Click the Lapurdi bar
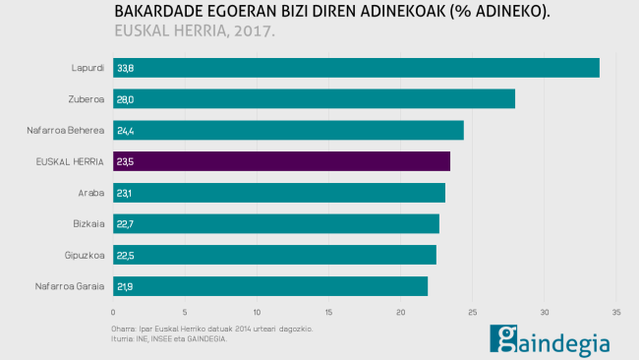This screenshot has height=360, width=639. tap(356, 68)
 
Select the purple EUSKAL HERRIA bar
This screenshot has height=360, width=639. tap(281, 161)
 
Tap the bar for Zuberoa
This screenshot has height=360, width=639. tap(314, 99)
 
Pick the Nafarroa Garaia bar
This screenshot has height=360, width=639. tap(270, 286)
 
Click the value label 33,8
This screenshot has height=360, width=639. tap(125, 69)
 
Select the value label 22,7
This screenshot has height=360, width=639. tap(125, 224)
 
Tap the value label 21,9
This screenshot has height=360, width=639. tap(125, 286)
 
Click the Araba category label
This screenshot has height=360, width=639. tap(90, 193)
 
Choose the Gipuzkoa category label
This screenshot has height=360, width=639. tap(85, 255)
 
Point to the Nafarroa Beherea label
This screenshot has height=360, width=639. tap(66, 130)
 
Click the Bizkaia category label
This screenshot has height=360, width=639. tap(88, 224)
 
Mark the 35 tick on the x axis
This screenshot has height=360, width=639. tap(616, 313)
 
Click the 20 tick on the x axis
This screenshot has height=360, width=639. tap(401, 313)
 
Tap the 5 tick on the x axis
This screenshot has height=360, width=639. tap(185, 313)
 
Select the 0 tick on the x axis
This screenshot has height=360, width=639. tap(113, 313)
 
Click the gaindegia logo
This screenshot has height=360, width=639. tap(551, 339)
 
